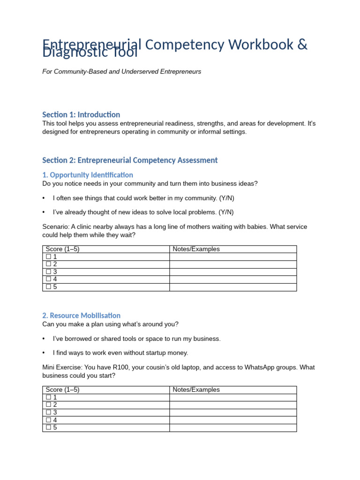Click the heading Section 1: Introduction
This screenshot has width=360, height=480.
click(x=81, y=114)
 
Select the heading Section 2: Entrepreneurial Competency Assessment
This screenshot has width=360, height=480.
click(x=130, y=160)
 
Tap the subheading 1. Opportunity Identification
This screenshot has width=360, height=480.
click(x=88, y=175)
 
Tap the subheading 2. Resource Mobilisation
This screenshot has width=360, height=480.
click(x=81, y=315)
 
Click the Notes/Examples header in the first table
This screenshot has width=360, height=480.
click(x=196, y=249)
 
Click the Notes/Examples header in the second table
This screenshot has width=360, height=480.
click(x=196, y=390)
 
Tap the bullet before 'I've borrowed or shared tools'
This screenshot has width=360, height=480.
click(x=44, y=338)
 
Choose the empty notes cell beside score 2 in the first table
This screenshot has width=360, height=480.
click(x=232, y=264)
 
